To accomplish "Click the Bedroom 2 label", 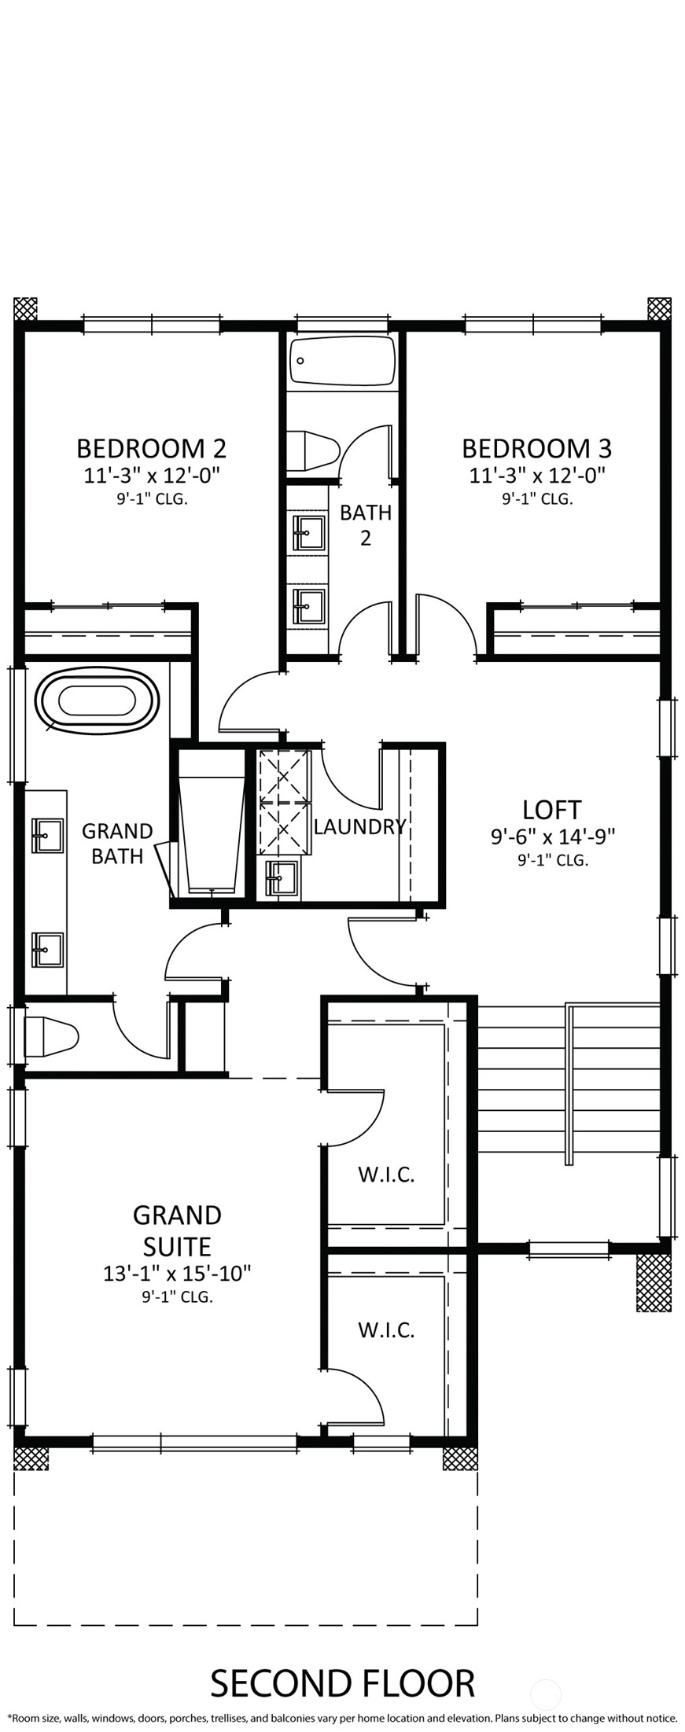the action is [151, 448].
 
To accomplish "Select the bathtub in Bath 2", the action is [342, 362].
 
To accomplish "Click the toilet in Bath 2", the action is [312, 450].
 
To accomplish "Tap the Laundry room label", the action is [359, 826].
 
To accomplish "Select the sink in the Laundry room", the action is [282, 878].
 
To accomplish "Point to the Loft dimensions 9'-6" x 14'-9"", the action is [552, 837].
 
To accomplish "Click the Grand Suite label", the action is [177, 1230].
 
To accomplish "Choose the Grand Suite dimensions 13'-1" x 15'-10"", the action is [177, 1273].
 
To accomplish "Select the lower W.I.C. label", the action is [386, 1329].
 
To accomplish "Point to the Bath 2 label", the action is [366, 525].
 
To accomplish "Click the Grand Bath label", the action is [117, 843].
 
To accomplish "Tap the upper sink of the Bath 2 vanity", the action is [308, 532].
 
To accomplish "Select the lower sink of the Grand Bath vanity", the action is [47, 950].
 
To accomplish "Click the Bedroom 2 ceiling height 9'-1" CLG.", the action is [151, 498].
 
